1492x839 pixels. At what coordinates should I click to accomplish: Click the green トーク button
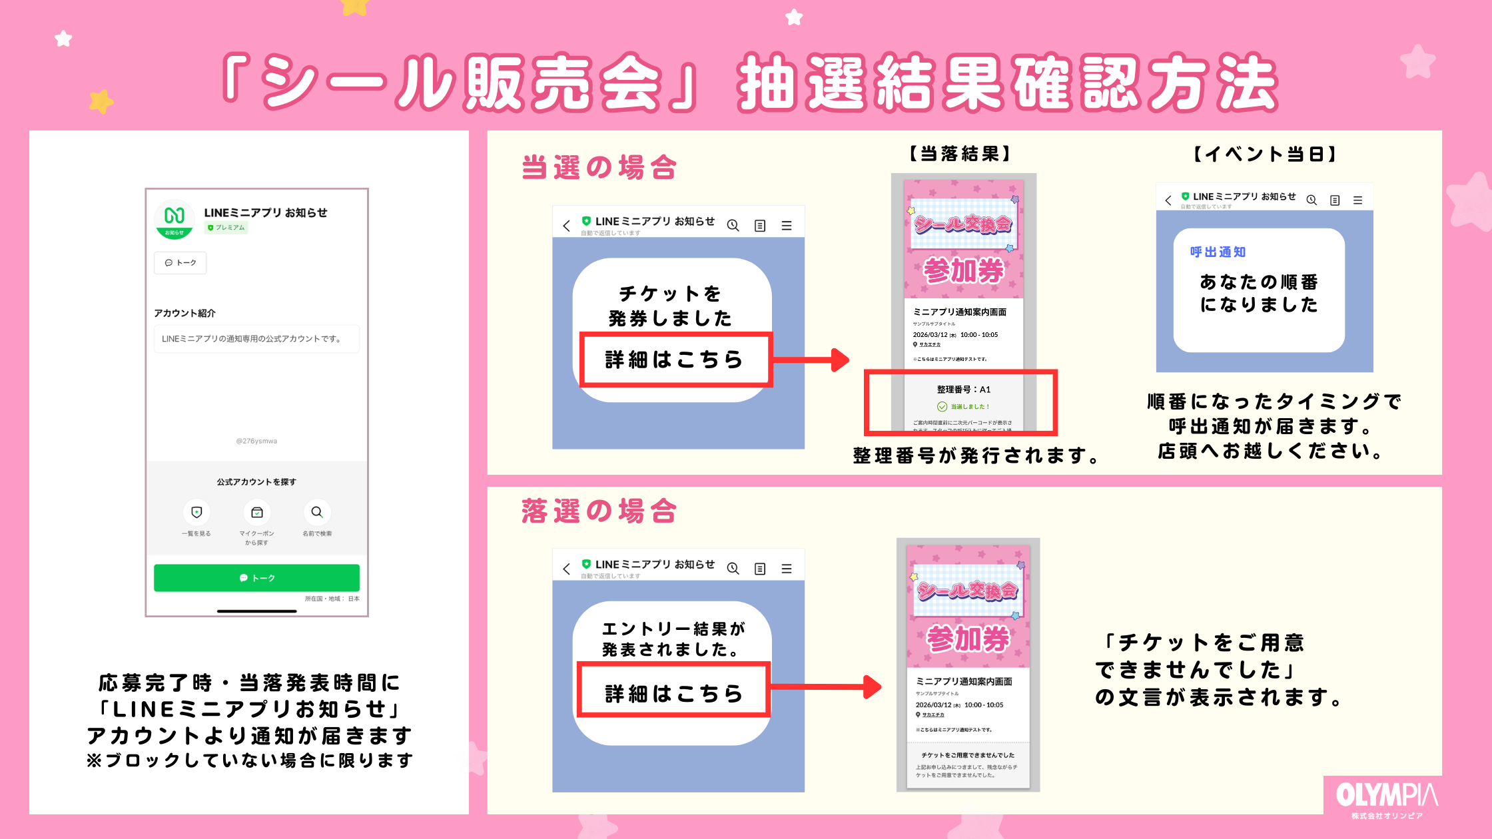click(256, 578)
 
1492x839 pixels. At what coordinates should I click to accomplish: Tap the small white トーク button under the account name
click(181, 263)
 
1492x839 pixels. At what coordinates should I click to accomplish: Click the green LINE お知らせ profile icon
click(175, 218)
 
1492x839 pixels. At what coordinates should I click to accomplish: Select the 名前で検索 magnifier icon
click(317, 512)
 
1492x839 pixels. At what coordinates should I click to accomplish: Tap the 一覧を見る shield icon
click(196, 512)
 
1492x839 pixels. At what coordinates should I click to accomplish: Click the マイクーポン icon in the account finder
click(257, 512)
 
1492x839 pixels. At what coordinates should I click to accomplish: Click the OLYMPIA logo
click(1387, 798)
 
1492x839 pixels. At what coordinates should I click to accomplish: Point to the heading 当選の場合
click(599, 167)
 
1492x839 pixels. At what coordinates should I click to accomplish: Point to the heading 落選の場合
click(599, 511)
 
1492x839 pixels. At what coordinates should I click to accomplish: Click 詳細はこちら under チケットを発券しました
click(674, 360)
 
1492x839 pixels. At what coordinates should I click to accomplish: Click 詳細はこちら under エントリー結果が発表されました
click(673, 693)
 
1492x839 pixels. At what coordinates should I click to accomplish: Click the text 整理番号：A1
click(964, 390)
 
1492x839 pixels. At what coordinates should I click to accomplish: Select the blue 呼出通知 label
click(1218, 252)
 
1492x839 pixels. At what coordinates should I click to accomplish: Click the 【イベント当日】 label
click(1265, 154)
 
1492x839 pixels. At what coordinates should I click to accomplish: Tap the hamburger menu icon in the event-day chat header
click(1357, 200)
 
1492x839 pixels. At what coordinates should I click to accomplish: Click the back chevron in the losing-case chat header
click(566, 569)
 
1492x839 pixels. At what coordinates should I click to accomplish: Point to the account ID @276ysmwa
click(256, 441)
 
